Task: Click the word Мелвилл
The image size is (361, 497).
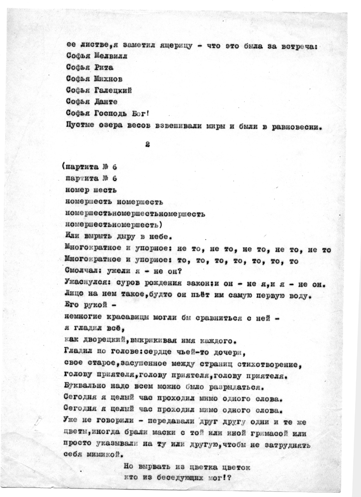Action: point(110,56)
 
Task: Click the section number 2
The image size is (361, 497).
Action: point(146,144)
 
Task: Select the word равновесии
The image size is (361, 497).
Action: point(296,126)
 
